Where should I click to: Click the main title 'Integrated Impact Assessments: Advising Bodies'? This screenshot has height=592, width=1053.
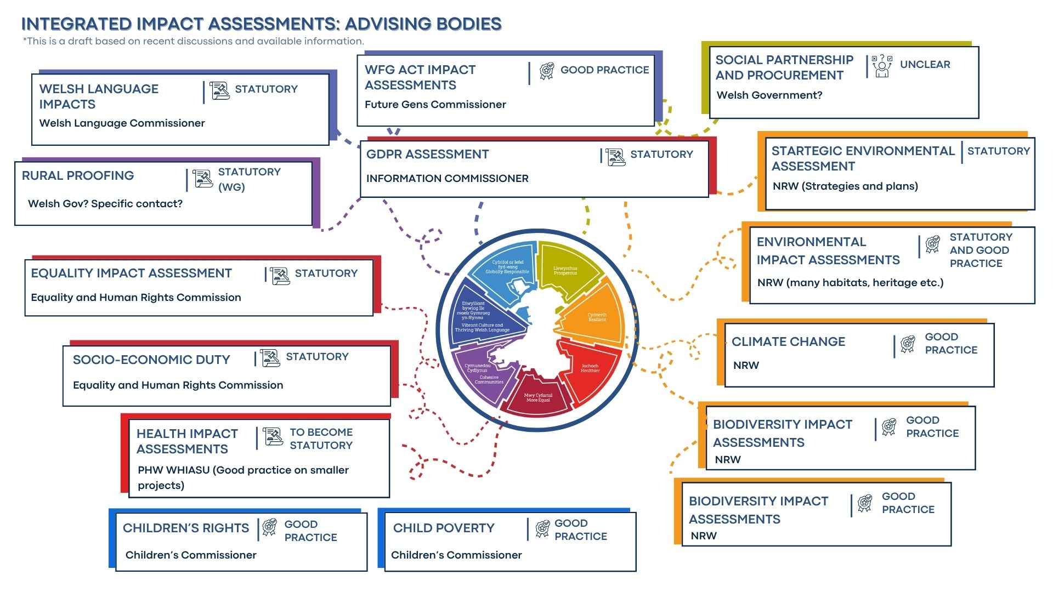pyautogui.click(x=261, y=24)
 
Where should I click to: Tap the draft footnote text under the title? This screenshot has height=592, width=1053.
pyautogui.click(x=193, y=41)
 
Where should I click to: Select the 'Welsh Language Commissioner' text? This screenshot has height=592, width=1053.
pyautogui.click(x=122, y=123)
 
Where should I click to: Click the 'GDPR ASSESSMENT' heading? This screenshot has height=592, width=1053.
pyautogui.click(x=427, y=155)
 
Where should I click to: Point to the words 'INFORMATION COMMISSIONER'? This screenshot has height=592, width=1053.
pyautogui.click(x=447, y=179)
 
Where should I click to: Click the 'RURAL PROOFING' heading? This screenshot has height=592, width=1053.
pyautogui.click(x=78, y=176)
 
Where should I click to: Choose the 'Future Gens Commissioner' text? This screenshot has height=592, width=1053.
pyautogui.click(x=435, y=105)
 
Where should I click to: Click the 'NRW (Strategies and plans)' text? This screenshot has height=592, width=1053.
pyautogui.click(x=845, y=186)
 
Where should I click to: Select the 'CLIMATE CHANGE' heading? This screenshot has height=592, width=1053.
pyautogui.click(x=788, y=342)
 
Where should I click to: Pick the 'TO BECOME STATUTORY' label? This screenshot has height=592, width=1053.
pyautogui.click(x=321, y=439)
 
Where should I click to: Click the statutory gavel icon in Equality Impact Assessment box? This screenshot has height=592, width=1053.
pyautogui.click(x=280, y=275)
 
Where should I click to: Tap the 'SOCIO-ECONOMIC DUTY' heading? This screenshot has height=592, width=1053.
pyautogui.click(x=151, y=360)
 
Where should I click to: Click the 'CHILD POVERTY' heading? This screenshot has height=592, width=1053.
pyautogui.click(x=444, y=528)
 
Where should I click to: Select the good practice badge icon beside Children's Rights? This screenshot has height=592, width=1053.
pyautogui.click(x=269, y=528)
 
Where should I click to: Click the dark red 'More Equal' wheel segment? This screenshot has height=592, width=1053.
pyautogui.click(x=537, y=396)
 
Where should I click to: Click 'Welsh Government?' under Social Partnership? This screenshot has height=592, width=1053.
pyautogui.click(x=769, y=95)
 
